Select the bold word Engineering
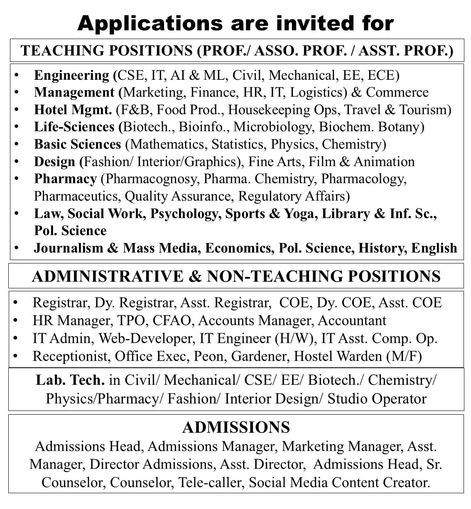pyautogui.click(x=71, y=75)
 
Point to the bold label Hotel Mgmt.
pyautogui.click(x=73, y=110)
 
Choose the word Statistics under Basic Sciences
pyautogui.click(x=239, y=144)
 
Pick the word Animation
pyautogui.click(x=384, y=161)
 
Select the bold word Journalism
pyautogui.click(x=68, y=248)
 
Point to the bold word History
pyautogui.click(x=383, y=248)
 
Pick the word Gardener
pyautogui.click(x=260, y=356)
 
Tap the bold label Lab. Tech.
pyautogui.click(x=70, y=380)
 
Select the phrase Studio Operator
pyautogui.click(x=377, y=398)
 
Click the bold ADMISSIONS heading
pyautogui.click(x=236, y=427)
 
